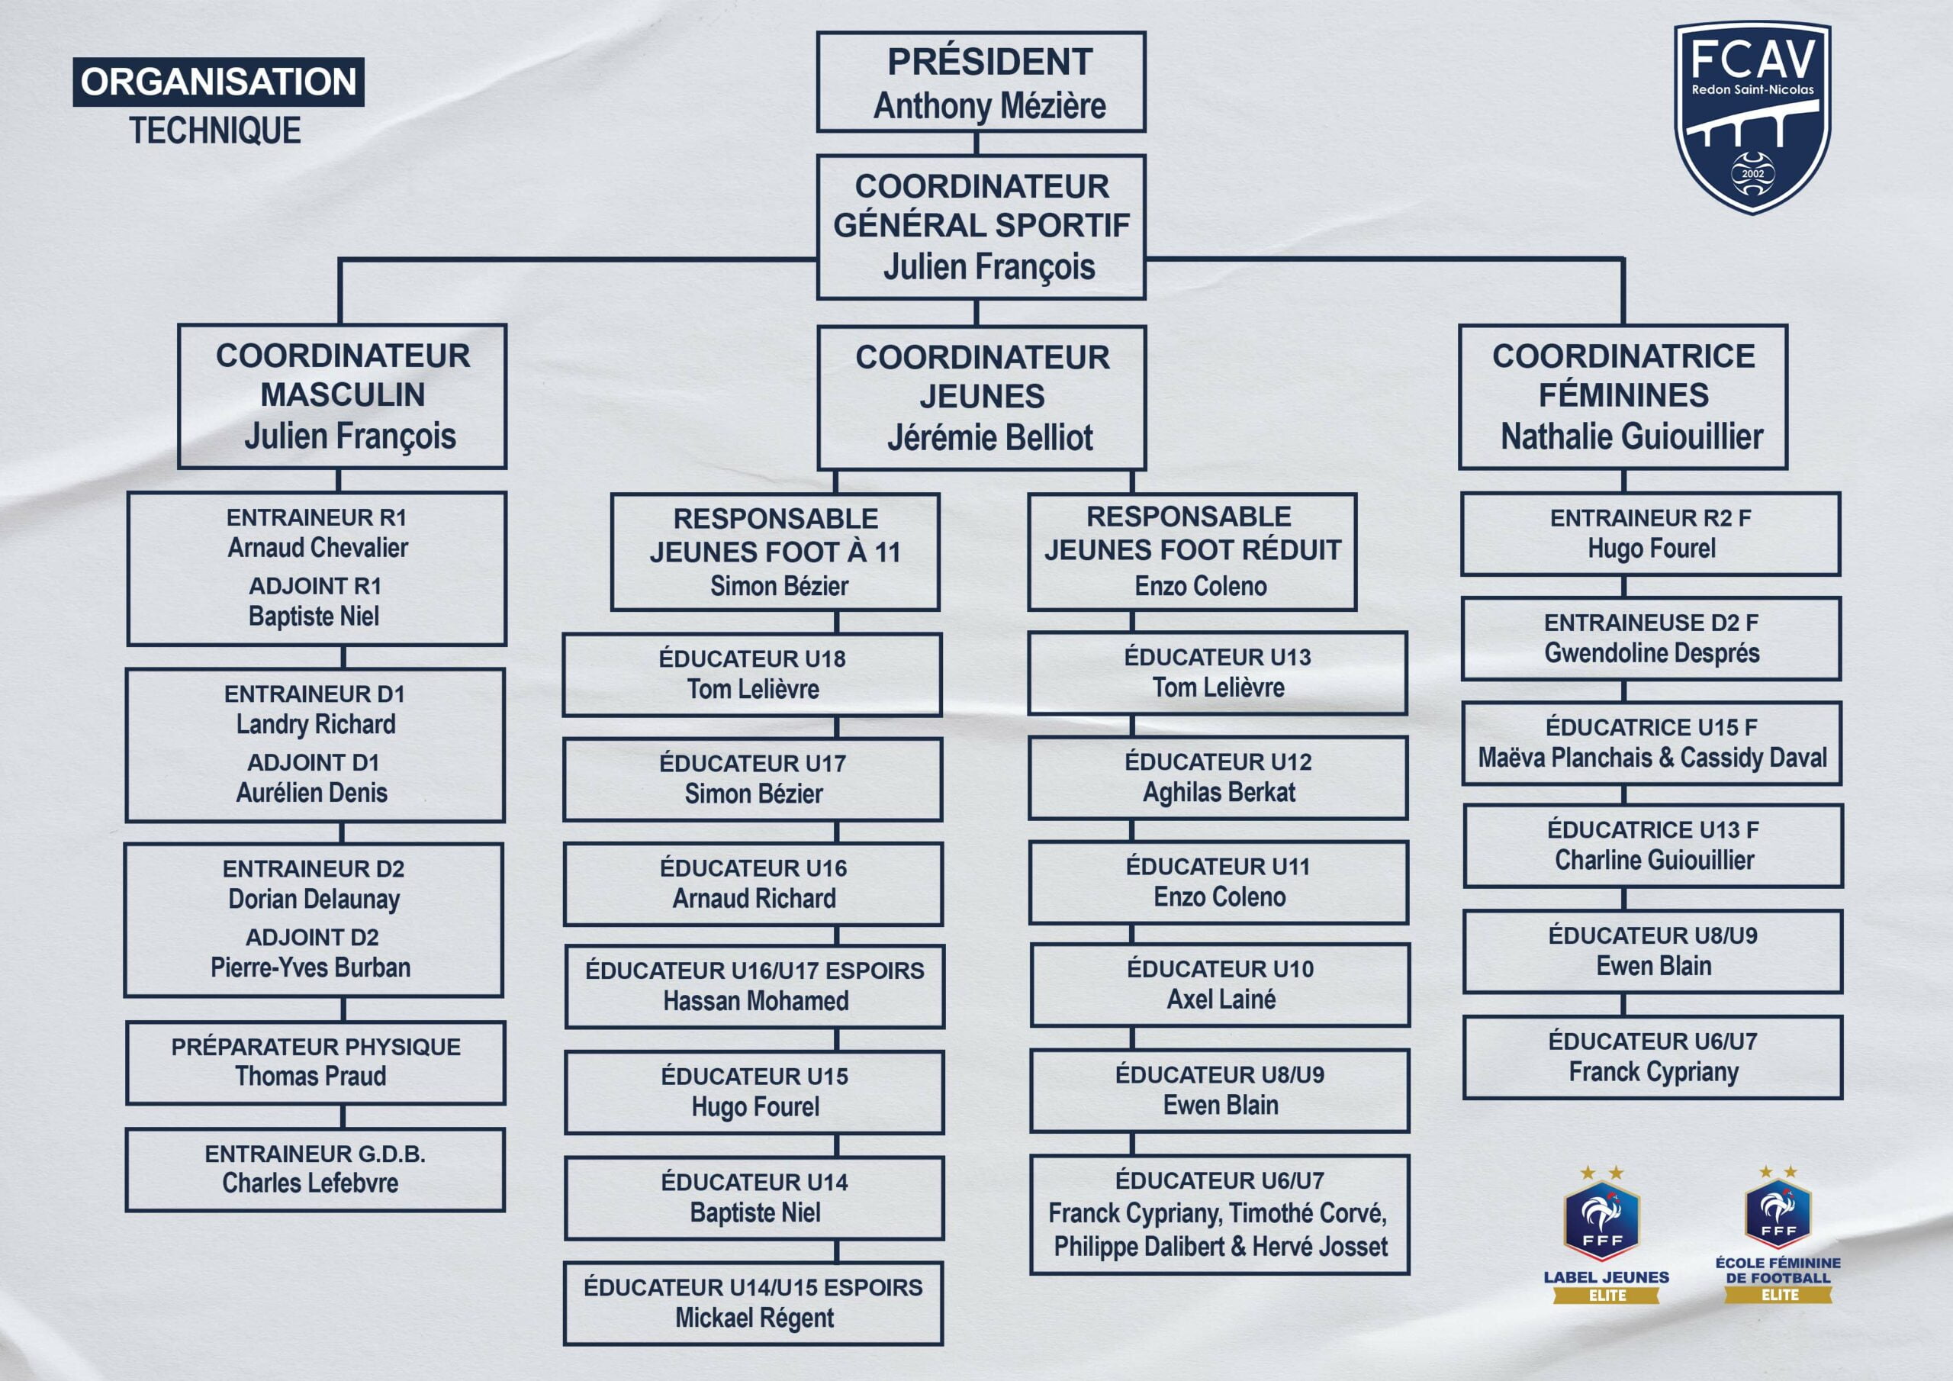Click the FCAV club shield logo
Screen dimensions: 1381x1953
tap(1752, 117)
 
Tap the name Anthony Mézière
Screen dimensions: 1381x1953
tap(989, 106)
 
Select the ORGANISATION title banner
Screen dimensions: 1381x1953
tap(219, 82)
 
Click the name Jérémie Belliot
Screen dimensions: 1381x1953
tap(989, 437)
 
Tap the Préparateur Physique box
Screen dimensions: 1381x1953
tap(316, 1062)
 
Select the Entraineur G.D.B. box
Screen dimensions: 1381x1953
tap(316, 1169)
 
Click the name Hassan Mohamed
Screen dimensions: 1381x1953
tap(755, 1000)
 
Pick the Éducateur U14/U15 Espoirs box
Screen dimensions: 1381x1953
tap(753, 1302)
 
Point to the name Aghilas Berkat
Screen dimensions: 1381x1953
tap(1218, 792)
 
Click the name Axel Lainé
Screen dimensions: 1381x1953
tap(1221, 999)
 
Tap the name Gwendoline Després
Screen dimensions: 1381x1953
tap(1651, 652)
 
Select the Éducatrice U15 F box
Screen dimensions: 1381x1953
tap(1652, 742)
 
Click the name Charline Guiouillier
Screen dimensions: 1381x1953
tap(1654, 860)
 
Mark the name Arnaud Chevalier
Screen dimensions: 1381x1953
tap(317, 548)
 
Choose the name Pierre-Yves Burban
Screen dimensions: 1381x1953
tap(310, 967)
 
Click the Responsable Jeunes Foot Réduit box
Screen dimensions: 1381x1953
tap(1192, 552)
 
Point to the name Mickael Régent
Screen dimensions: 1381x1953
tap(754, 1318)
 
